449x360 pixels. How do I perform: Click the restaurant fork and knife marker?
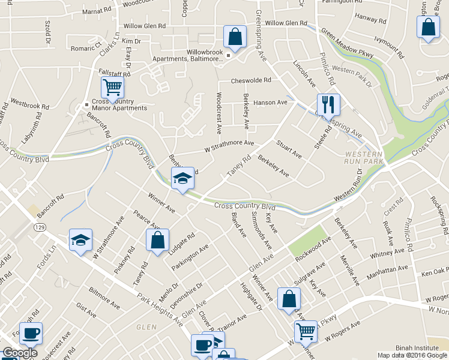click(328, 104)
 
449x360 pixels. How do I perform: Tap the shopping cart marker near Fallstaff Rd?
click(112, 88)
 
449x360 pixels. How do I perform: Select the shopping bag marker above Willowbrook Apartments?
click(235, 36)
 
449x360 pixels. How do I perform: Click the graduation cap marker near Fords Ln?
click(80, 241)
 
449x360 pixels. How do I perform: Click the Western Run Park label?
click(364, 157)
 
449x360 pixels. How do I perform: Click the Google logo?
click(19, 353)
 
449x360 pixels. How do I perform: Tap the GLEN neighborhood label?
click(146, 327)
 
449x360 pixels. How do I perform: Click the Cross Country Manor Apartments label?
click(118, 104)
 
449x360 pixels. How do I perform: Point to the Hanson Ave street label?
click(271, 103)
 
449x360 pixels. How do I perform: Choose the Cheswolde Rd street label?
click(252, 80)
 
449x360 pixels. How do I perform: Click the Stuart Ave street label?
click(288, 149)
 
